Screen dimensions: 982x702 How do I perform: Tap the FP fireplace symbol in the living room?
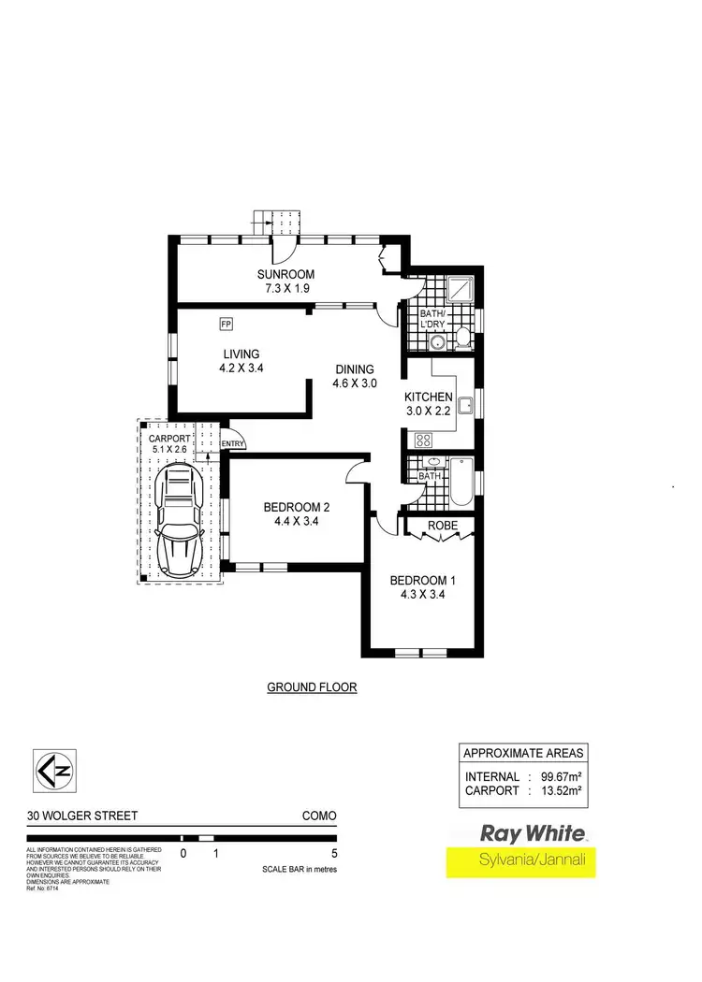click(x=226, y=324)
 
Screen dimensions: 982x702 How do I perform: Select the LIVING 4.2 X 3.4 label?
click(x=241, y=360)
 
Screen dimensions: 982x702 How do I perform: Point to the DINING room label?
click(x=353, y=368)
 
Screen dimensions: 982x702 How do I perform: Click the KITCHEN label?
click(x=428, y=397)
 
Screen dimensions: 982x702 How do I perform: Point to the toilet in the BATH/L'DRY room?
click(x=461, y=338)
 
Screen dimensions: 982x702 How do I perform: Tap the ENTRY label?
click(x=233, y=444)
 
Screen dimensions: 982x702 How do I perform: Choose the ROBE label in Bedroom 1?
click(x=442, y=526)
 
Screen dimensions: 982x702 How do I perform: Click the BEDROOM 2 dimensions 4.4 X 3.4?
click(x=296, y=522)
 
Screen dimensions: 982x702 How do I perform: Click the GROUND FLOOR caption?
click(x=312, y=687)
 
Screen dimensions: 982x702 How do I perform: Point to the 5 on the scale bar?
click(x=333, y=854)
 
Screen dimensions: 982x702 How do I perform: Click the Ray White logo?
click(x=533, y=832)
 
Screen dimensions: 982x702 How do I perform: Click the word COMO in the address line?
click(x=318, y=816)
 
